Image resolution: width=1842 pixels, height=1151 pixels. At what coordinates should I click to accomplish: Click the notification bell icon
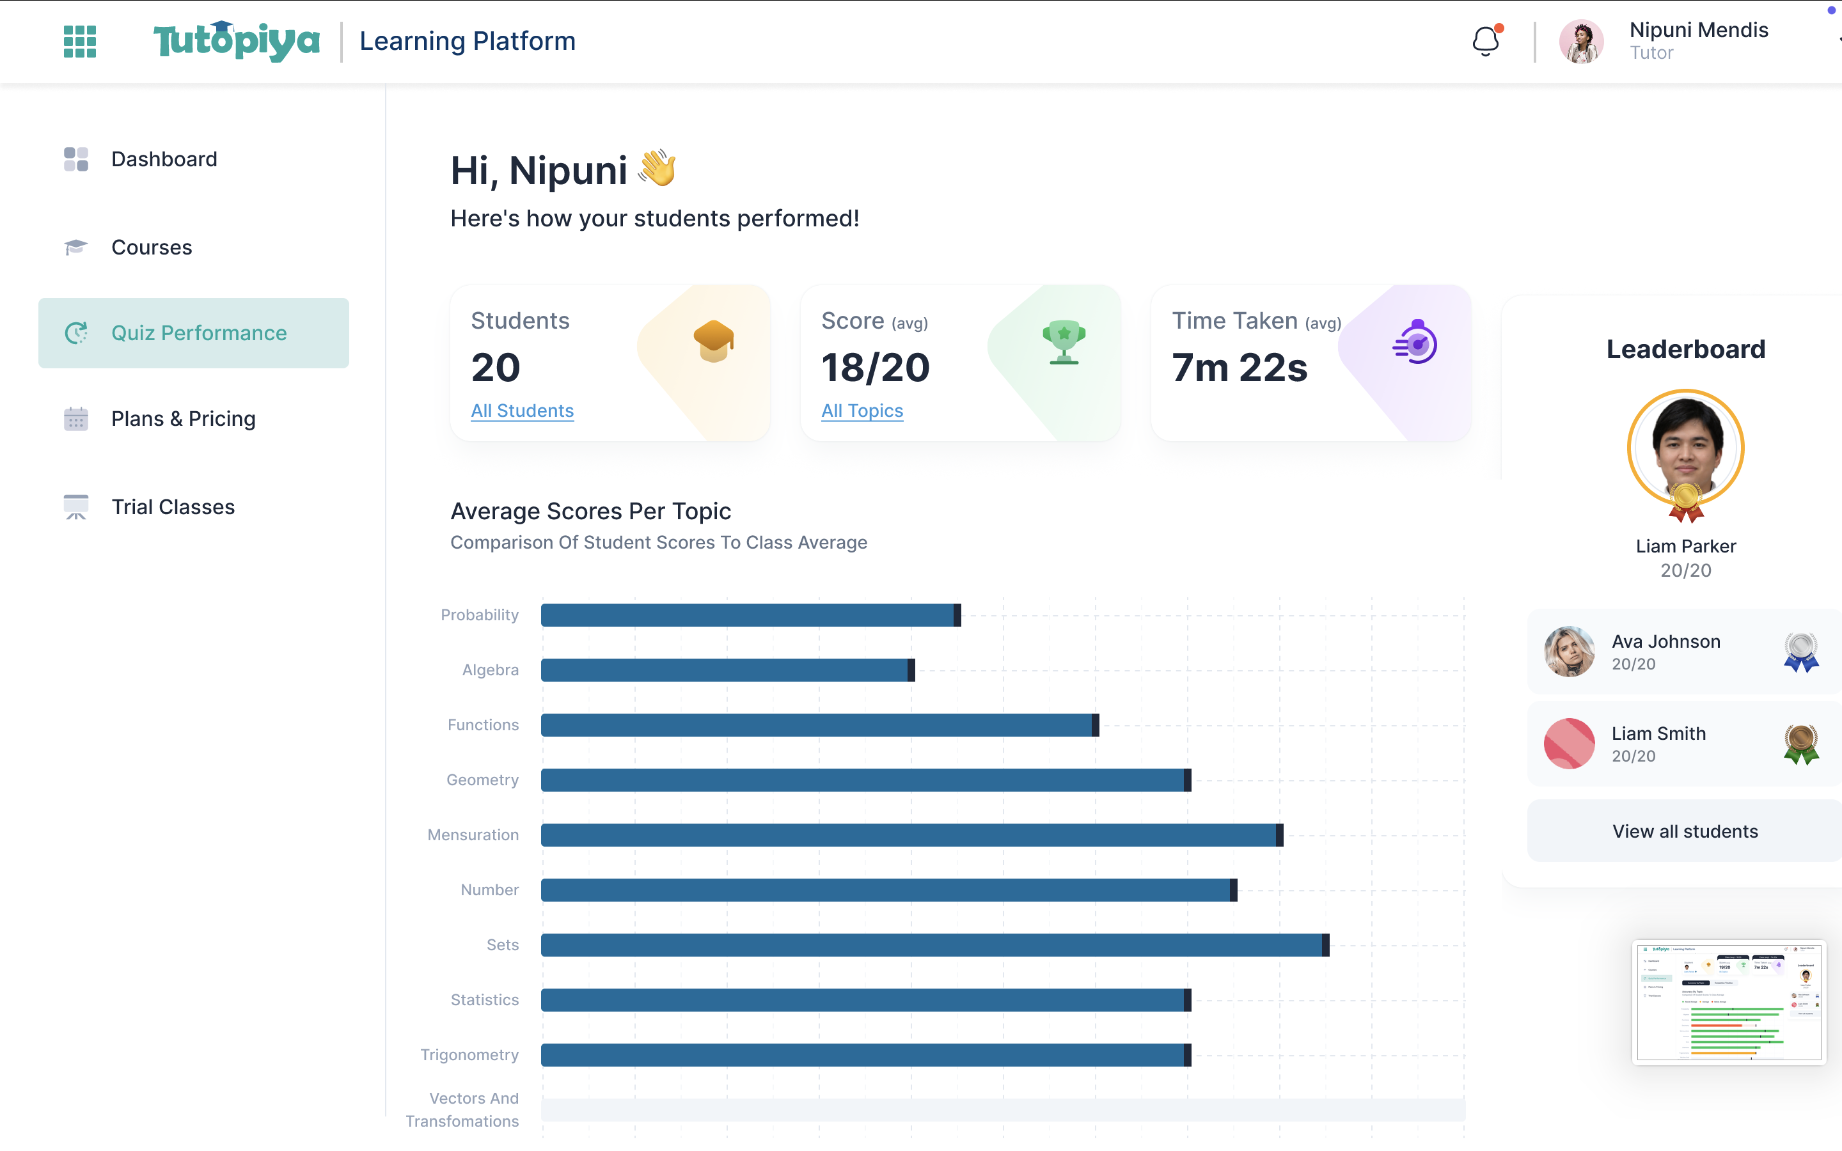(x=1485, y=41)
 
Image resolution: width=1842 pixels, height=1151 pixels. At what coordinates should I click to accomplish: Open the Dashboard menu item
(x=164, y=159)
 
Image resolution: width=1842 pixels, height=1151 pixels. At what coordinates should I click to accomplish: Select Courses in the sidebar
(x=152, y=247)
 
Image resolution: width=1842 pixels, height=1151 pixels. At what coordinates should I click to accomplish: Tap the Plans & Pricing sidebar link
(x=183, y=419)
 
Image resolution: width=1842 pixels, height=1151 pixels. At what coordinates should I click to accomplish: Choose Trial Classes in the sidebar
(x=173, y=507)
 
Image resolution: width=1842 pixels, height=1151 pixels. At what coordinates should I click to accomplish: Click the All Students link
(x=522, y=411)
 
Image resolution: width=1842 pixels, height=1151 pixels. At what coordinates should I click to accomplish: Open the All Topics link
(x=862, y=411)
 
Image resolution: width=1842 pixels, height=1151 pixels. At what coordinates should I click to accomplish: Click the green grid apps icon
(x=80, y=41)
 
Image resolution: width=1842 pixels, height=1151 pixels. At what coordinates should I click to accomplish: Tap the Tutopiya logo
(x=236, y=41)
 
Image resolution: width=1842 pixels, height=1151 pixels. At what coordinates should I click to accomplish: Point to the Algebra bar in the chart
(x=727, y=670)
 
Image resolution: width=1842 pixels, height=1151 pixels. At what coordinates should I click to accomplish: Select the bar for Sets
(x=934, y=944)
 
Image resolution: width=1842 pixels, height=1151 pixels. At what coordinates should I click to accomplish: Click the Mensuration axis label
(x=473, y=835)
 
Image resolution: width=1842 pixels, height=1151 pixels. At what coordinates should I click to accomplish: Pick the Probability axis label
(x=480, y=615)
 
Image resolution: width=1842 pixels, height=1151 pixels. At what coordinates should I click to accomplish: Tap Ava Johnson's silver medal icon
(x=1801, y=652)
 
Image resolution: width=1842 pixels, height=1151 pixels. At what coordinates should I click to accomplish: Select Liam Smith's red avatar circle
(x=1569, y=744)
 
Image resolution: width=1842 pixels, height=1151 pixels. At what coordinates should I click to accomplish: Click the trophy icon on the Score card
(x=1064, y=342)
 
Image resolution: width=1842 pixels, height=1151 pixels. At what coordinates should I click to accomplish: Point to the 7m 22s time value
(x=1239, y=368)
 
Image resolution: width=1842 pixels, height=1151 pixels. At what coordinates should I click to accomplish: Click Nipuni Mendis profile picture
(x=1581, y=42)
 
